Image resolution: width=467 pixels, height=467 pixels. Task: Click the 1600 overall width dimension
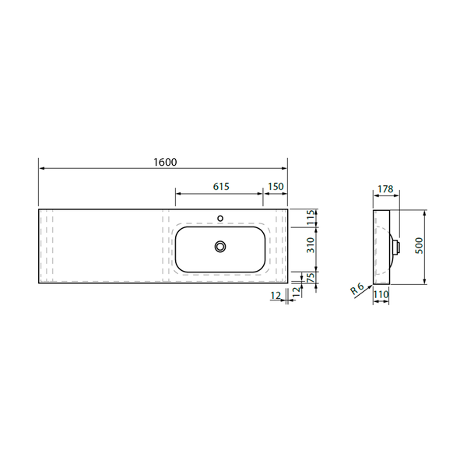(165, 162)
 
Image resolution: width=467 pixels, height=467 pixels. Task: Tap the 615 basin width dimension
(221, 187)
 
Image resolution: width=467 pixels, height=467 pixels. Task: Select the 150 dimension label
(276, 187)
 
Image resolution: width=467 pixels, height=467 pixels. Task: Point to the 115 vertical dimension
(311, 218)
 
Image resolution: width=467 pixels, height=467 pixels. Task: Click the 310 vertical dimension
(311, 245)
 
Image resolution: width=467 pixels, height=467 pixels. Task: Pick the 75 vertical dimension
(311, 278)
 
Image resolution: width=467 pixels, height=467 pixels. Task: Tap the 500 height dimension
(419, 245)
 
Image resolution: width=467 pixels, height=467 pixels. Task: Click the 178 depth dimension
(385, 189)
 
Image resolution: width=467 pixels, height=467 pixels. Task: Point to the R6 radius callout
(357, 289)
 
